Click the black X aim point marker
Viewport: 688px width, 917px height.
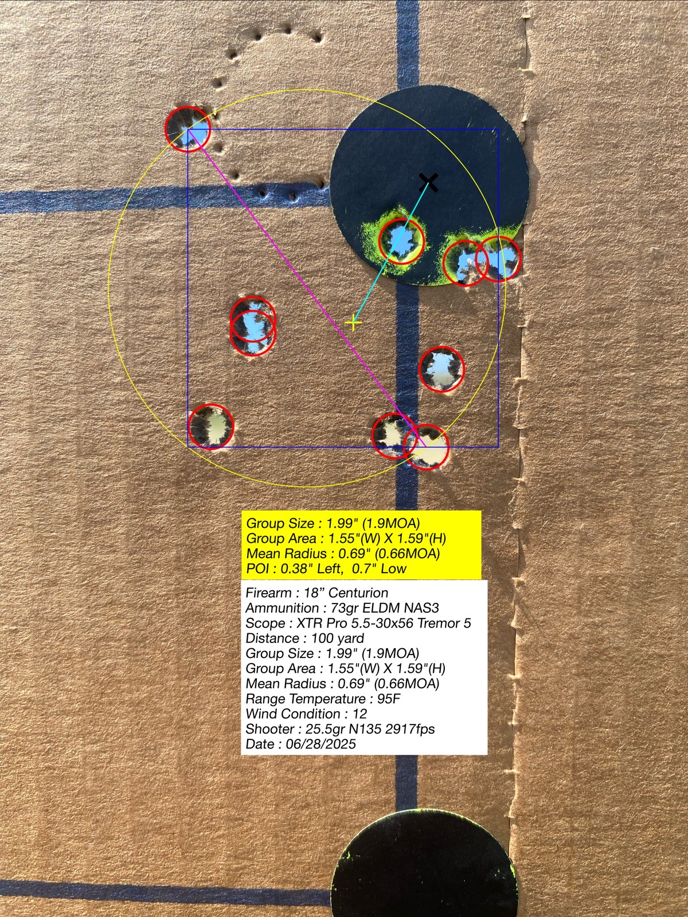429,183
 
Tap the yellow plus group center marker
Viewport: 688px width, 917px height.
353,323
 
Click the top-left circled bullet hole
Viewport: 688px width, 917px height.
187,129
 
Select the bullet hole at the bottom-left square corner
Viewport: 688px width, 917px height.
210,426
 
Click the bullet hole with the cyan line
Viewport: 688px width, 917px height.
401,241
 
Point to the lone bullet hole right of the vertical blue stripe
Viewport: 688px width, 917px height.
441,369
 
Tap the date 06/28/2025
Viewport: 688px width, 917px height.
321,743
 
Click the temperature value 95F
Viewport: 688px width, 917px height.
389,699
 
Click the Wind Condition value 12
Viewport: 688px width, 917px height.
359,714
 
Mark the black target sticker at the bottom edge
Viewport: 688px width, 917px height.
424,873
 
